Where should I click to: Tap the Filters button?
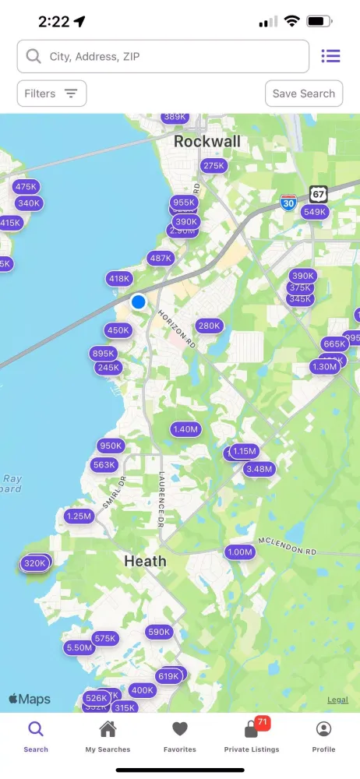51,93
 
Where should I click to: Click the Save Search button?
304,93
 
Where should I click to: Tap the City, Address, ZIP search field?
163,56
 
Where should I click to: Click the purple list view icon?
331,56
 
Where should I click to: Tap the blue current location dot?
139,301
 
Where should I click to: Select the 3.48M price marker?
259,469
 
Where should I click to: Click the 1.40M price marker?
186,429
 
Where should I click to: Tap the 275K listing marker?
214,166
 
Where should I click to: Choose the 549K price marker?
315,212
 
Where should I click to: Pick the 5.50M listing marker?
79,647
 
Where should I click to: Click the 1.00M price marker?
240,552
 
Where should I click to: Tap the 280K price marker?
209,326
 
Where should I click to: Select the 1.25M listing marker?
79,516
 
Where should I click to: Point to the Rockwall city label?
207,142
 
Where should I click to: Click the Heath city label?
145,561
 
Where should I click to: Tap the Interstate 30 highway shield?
288,203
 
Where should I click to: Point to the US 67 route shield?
317,192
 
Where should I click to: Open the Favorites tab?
180,736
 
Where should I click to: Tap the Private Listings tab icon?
251,731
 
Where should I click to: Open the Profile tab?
323,736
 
